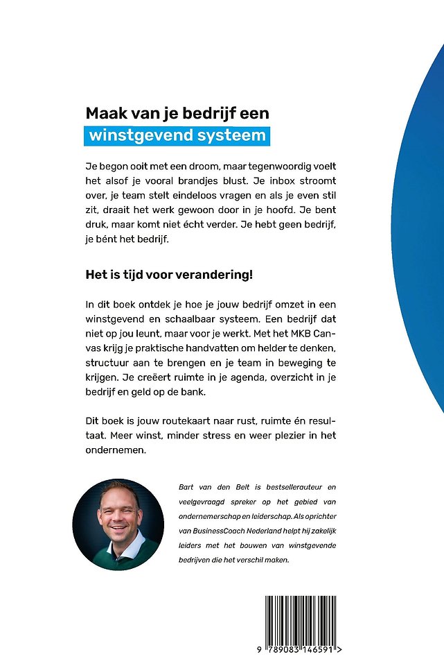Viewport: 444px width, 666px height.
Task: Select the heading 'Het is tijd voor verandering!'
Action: (x=169, y=273)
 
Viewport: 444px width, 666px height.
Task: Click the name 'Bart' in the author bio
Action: (x=188, y=488)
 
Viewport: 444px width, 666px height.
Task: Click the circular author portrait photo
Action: (x=118, y=524)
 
